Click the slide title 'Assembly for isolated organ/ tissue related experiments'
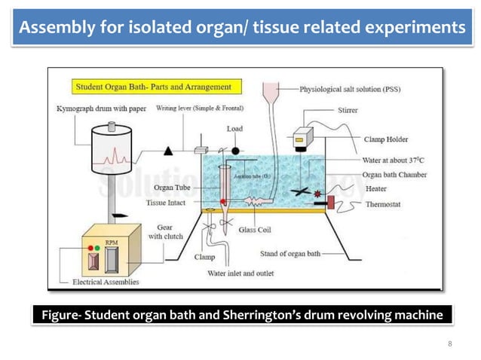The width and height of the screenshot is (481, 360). coord(240,28)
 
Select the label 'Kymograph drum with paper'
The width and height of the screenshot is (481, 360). coord(102,109)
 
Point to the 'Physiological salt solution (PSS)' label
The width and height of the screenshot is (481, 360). coord(350,89)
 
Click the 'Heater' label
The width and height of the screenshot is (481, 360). coord(376,189)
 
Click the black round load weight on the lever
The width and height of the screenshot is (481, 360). coord(235,151)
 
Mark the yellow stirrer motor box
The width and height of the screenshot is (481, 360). coord(304,136)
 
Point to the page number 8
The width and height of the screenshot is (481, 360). coord(450,344)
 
